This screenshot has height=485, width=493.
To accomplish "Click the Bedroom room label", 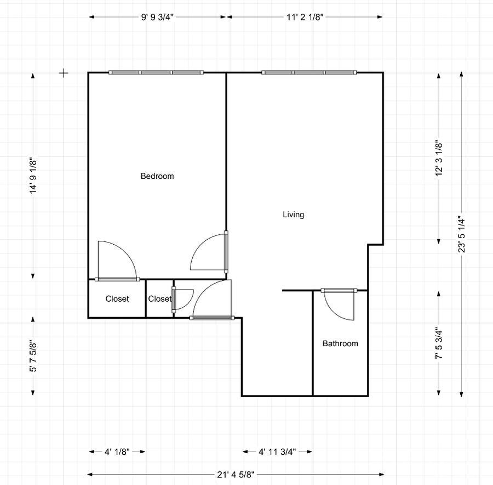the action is [157, 176].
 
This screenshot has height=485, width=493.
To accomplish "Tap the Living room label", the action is [294, 215].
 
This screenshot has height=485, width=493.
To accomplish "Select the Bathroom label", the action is [340, 343].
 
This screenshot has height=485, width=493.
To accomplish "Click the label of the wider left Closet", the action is [117, 298].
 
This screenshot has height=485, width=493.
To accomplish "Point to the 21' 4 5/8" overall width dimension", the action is [236, 474].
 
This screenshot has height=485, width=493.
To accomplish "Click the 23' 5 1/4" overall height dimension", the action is [461, 234].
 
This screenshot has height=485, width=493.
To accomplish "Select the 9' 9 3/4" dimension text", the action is [157, 17].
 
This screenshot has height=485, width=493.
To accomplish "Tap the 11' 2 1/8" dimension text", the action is [305, 17].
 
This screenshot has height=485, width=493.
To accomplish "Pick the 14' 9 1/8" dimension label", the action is [33, 176].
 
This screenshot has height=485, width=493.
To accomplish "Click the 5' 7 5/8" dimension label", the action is [33, 356].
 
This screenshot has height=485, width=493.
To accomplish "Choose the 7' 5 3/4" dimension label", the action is [439, 343].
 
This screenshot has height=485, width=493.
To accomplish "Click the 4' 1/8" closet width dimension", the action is [117, 452].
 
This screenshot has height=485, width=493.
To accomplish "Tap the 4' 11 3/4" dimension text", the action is [277, 452].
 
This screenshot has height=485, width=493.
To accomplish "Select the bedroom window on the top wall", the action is [156, 72].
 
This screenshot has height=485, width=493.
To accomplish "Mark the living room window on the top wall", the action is [309, 72].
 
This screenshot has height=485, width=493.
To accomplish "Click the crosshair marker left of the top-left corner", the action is [64, 73].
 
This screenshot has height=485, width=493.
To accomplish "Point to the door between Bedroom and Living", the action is [226, 252].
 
